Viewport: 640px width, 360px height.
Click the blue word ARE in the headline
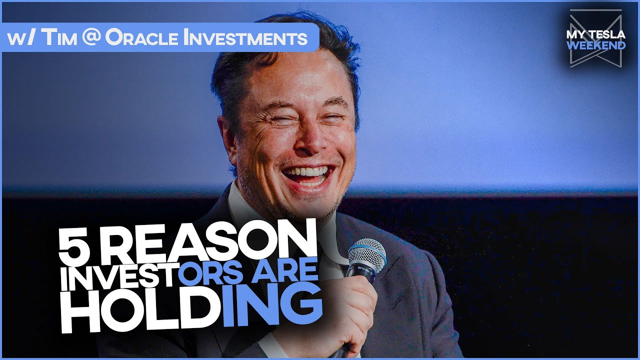(292, 273)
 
